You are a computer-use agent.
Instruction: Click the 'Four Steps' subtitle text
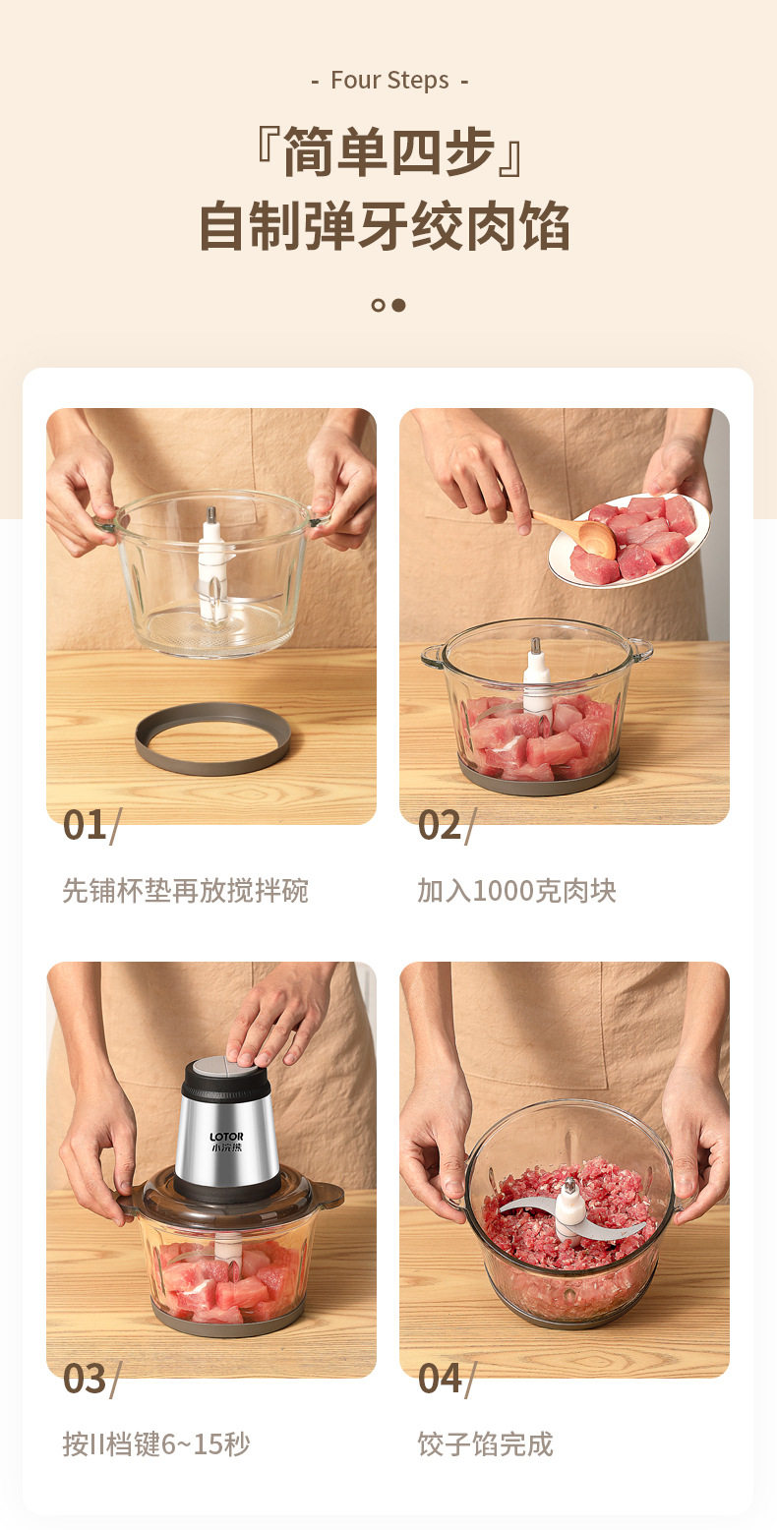pyautogui.click(x=389, y=80)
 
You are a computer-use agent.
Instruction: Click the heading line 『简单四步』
pyautogui.click(x=388, y=151)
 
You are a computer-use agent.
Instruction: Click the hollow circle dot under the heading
pyautogui.click(x=378, y=306)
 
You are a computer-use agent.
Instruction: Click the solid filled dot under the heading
pyautogui.click(x=399, y=306)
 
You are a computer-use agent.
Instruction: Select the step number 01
pyautogui.click(x=85, y=825)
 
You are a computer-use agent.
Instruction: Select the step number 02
pyautogui.click(x=440, y=825)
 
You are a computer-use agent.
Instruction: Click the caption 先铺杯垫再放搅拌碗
pyautogui.click(x=185, y=891)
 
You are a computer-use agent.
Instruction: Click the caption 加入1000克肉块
pyautogui.click(x=516, y=891)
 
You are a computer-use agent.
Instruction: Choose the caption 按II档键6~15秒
pyautogui.click(x=156, y=1443)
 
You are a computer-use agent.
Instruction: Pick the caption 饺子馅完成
pyautogui.click(x=485, y=1443)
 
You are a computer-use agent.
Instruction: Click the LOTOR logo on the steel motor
pyautogui.click(x=227, y=1138)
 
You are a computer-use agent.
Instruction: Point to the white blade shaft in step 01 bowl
pyautogui.click(x=212, y=563)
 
